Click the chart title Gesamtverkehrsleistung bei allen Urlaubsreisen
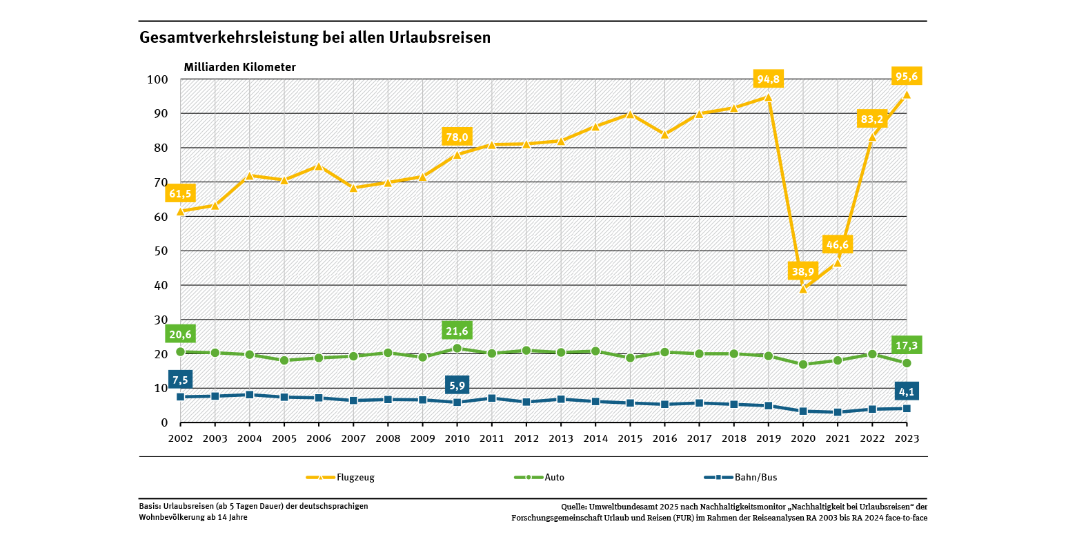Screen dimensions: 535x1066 pyautogui.click(x=315, y=37)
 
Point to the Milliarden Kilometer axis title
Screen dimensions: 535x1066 pyautogui.click(x=239, y=67)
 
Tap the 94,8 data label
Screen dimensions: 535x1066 pyautogui.click(x=768, y=79)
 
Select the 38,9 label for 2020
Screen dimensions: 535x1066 pyautogui.click(x=803, y=271)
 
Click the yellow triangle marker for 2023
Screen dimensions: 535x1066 pyautogui.click(x=907, y=95)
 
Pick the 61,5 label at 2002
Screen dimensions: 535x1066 pyautogui.click(x=179, y=194)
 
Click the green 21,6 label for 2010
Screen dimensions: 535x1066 pyautogui.click(x=457, y=331)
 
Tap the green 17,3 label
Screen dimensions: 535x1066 pyautogui.click(x=906, y=344)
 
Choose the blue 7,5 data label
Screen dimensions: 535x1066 pyautogui.click(x=179, y=380)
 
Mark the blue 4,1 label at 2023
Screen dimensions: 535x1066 pyautogui.click(x=906, y=391)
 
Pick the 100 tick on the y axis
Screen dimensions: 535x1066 pyautogui.click(x=158, y=79)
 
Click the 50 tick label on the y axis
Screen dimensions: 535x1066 pyautogui.click(x=161, y=251)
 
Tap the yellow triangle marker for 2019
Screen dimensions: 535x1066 pyautogui.click(x=768, y=97)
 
